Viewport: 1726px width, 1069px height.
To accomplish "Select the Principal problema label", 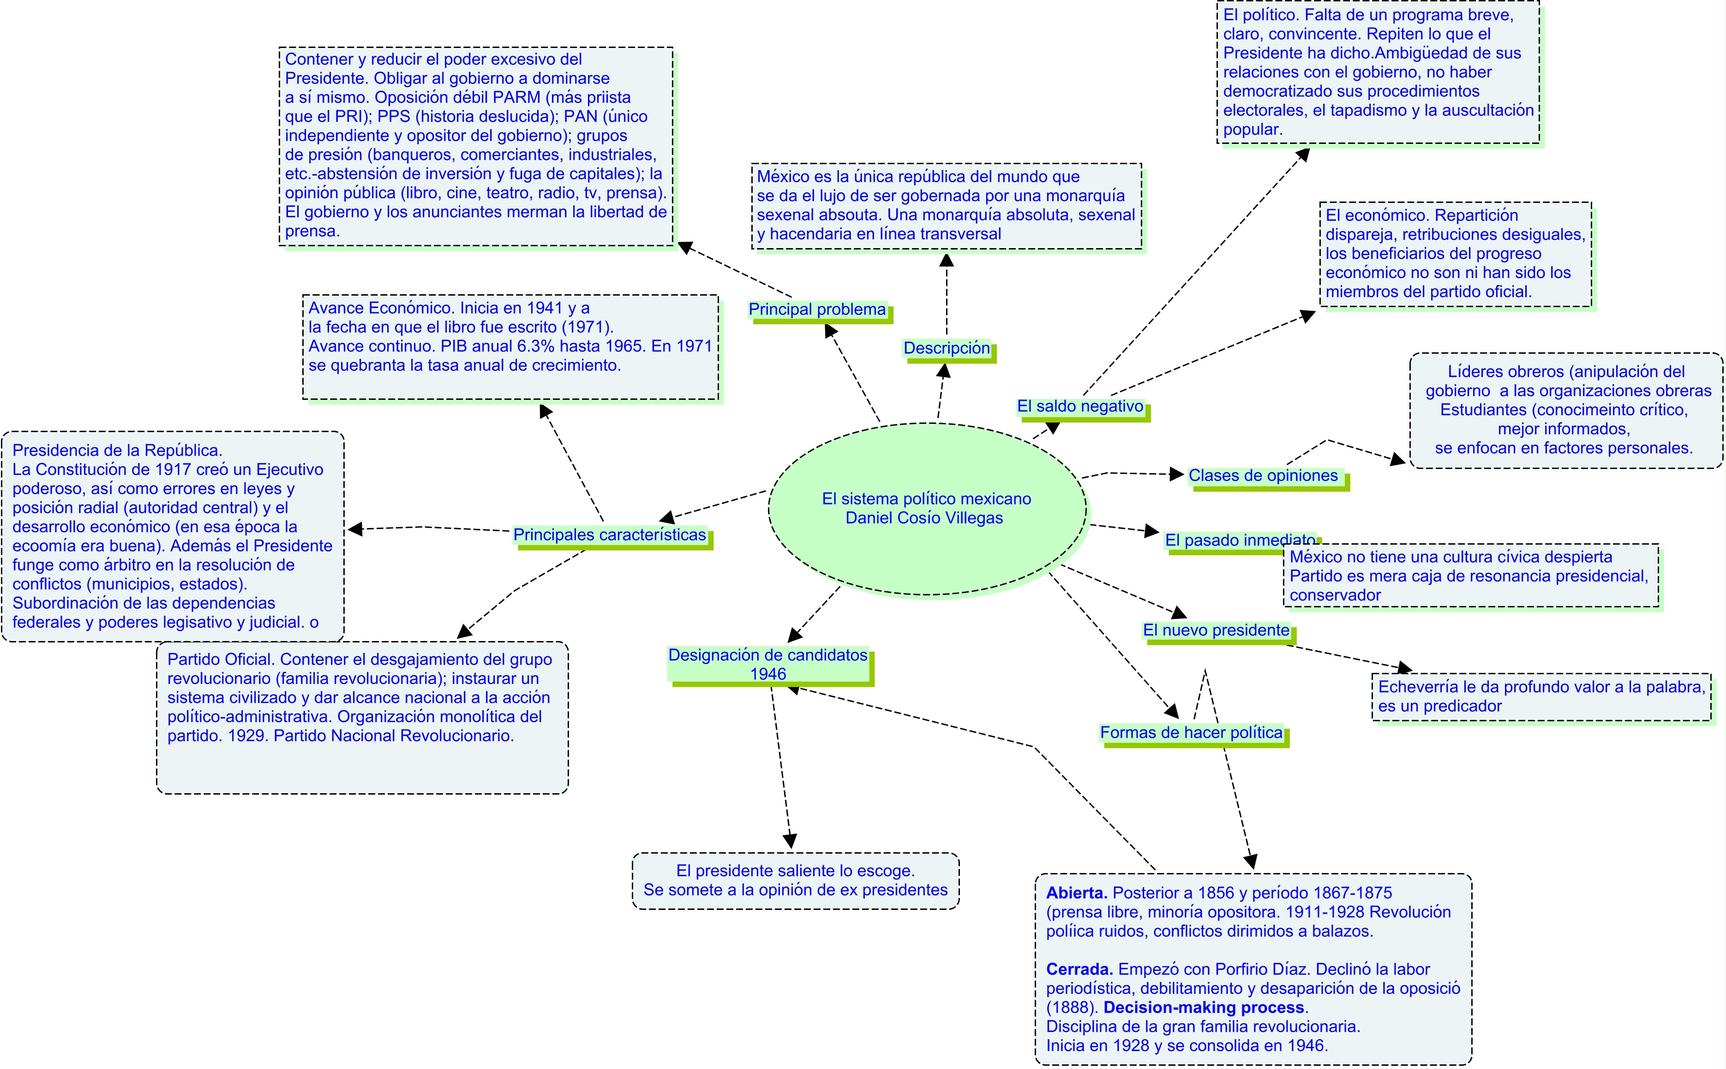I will [x=817, y=309].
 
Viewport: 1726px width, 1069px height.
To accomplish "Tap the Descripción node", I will [x=947, y=348].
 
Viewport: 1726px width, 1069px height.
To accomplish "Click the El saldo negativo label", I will [x=1080, y=407].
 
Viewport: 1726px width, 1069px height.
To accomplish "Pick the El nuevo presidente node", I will [x=1216, y=630].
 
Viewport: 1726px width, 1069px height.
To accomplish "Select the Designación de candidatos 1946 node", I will [x=768, y=665].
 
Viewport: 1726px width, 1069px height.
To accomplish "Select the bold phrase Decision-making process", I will [x=1203, y=1008].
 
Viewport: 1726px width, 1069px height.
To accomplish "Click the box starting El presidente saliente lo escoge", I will [x=795, y=881].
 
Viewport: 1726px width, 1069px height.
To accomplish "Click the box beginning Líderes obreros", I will [x=1565, y=410].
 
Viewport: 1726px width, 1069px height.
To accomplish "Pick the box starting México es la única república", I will [x=947, y=206].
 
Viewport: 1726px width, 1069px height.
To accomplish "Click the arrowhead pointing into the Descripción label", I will [x=943, y=370].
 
